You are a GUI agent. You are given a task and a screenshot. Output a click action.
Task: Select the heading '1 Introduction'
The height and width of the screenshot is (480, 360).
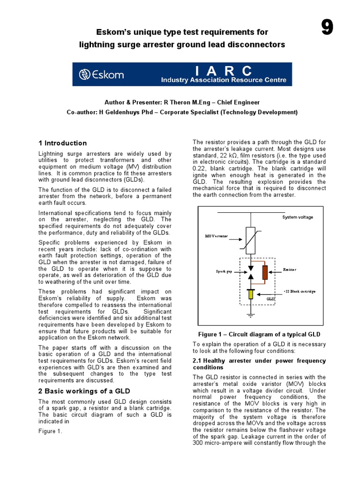pos(62,143)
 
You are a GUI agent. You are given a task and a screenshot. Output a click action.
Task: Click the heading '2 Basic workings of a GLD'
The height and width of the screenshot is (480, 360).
pos(84,391)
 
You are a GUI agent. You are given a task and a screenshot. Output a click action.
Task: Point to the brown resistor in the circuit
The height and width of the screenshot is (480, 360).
pos(265,272)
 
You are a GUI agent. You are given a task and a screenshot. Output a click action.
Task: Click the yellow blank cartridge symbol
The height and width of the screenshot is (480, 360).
pos(251,294)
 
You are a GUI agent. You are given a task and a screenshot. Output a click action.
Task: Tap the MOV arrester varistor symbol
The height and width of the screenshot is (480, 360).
pos(251,237)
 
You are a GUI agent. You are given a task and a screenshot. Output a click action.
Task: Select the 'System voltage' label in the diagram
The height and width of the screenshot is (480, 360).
pos(297,217)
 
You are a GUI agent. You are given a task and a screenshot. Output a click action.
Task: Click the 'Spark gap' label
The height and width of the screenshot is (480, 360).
pos(224,271)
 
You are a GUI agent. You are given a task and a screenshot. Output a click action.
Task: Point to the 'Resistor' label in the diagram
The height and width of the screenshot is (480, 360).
pos(290,270)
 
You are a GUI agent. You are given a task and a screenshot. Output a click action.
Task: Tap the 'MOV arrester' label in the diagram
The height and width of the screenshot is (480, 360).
pos(216,236)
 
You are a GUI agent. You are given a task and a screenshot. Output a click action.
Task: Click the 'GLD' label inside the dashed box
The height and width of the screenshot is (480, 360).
pos(270,299)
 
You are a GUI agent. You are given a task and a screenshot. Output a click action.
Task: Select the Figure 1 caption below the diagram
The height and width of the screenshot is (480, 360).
pos(259,334)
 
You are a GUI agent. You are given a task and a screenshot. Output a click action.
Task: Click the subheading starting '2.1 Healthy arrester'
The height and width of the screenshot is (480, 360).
pos(259,364)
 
